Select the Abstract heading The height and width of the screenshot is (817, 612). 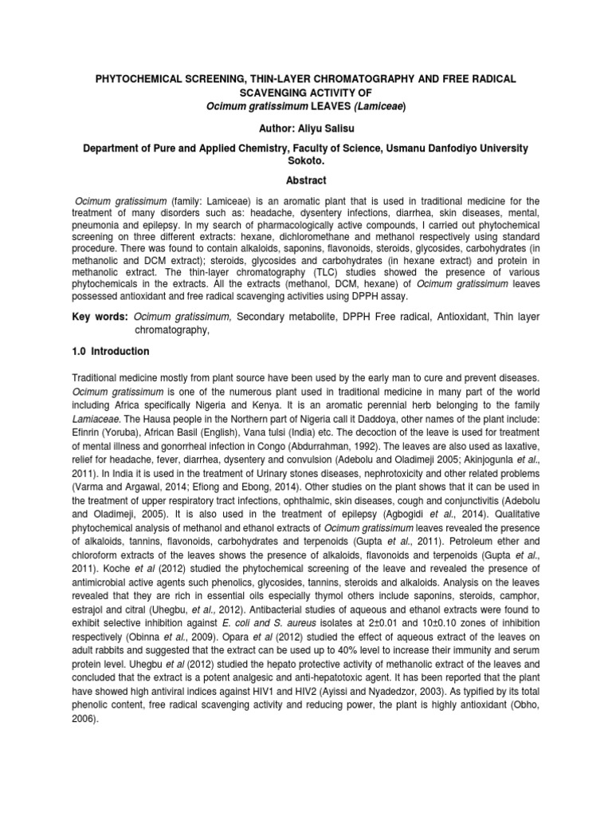coord(306,180)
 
